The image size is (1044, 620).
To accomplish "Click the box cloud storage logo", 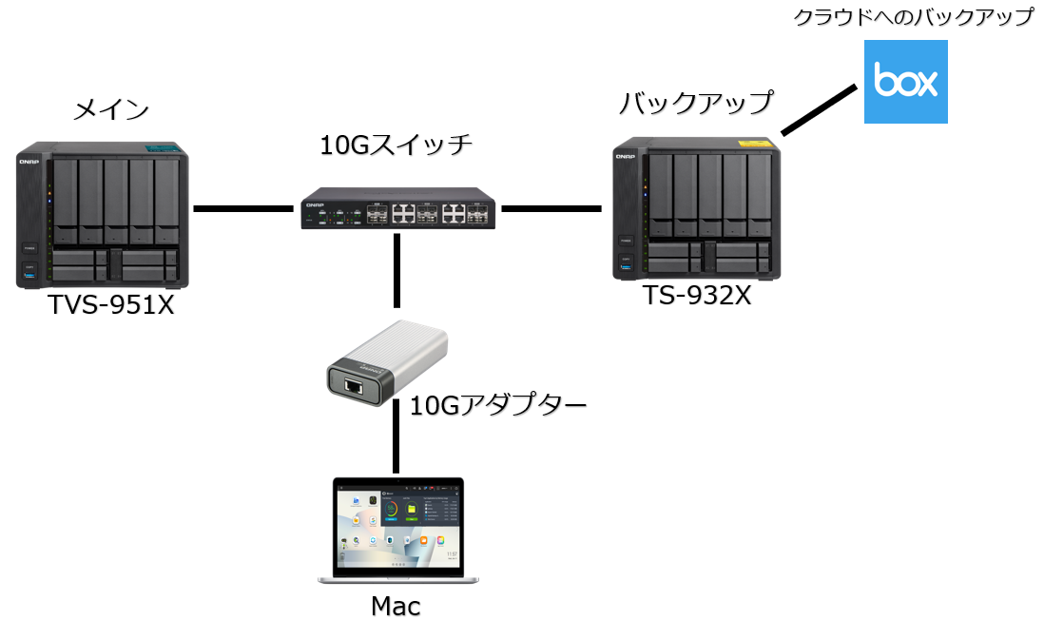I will pyautogui.click(x=905, y=82).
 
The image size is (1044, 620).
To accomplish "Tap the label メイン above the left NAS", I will pyautogui.click(x=111, y=109).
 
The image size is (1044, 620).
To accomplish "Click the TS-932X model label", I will pyautogui.click(x=697, y=296).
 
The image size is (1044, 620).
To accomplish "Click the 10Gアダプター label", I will pyautogui.click(x=497, y=405).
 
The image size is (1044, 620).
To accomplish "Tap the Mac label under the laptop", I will pyautogui.click(x=396, y=605).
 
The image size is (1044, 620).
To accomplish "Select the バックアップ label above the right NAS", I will pyautogui.click(x=696, y=102).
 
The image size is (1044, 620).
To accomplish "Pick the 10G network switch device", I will pyautogui.click(x=396, y=208).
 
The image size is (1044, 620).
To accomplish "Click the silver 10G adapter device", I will pyautogui.click(x=387, y=363).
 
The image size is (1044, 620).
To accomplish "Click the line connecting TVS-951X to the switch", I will pyautogui.click(x=243, y=207).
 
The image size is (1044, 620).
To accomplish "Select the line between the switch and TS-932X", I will pyautogui.click(x=551, y=206).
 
